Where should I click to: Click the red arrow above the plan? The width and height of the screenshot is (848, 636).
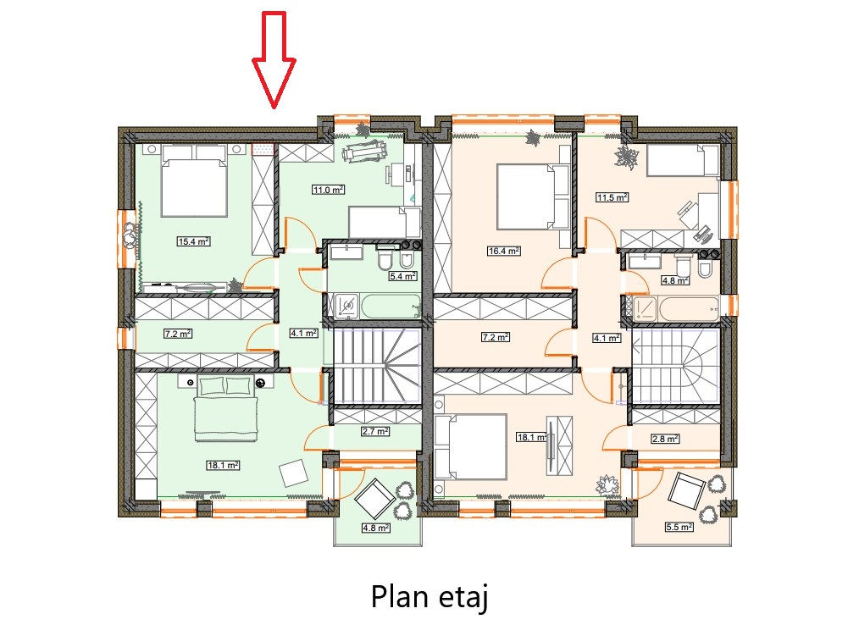[x=274, y=59]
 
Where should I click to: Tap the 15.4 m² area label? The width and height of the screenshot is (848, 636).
[x=194, y=241]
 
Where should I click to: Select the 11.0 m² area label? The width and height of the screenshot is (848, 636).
[x=329, y=190]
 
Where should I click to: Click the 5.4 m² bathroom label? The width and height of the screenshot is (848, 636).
[x=403, y=276]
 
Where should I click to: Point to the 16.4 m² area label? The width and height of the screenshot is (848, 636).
[x=503, y=251]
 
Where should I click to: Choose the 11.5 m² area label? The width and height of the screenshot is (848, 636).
[x=612, y=197]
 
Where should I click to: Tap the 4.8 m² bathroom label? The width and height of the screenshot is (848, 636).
[x=675, y=280]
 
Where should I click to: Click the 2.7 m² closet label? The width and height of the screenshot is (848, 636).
[x=375, y=432]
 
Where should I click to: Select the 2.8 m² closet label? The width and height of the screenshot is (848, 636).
[x=665, y=440]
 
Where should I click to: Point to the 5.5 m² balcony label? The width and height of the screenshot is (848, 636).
[x=679, y=527]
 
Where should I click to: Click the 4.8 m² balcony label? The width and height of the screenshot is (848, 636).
[x=376, y=528]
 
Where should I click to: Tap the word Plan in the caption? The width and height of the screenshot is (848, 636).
[x=398, y=597]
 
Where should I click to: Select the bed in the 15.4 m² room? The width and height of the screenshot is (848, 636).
[x=194, y=180]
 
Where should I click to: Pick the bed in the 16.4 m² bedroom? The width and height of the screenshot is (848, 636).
[x=533, y=196]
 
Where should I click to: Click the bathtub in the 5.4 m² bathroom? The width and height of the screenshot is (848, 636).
[x=391, y=306]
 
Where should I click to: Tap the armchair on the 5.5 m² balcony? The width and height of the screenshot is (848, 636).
[x=687, y=491]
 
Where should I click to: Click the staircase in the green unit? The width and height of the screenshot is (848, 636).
[x=377, y=366]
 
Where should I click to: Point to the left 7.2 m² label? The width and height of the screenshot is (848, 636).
[x=178, y=335]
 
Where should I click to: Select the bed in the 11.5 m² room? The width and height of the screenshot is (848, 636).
[x=683, y=160]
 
